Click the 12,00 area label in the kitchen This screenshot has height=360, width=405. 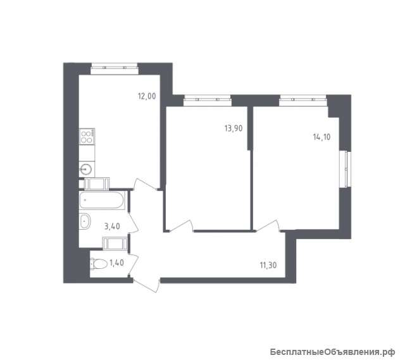[147, 96]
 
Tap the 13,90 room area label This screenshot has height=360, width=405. [234, 128]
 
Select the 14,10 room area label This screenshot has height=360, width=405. [322, 137]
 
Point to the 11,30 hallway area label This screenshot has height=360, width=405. [268, 265]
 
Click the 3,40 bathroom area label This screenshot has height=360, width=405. [112, 227]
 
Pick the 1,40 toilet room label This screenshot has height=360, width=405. [116, 263]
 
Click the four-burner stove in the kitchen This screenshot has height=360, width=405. [87, 136]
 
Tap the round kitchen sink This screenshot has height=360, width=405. [85, 170]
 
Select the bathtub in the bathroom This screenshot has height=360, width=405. [102, 201]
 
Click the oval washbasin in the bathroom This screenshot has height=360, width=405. [85, 221]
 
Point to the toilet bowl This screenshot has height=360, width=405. [99, 264]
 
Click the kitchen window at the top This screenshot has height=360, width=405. [115, 68]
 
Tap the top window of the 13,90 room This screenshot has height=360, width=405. [208, 101]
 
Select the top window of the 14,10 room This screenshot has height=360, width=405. [302, 101]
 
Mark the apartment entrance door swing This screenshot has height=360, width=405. [146, 285]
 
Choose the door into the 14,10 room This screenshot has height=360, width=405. [267, 225]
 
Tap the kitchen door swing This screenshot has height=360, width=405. [146, 184]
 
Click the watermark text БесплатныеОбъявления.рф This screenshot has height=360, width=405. [333, 352]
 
